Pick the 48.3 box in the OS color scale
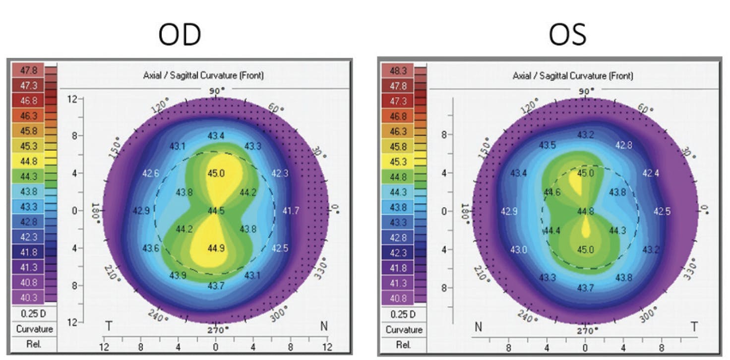(398, 71)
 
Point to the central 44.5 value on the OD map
(216, 211)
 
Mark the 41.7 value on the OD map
(291, 211)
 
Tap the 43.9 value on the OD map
(178, 275)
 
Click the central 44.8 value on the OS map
(586, 211)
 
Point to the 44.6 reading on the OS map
(552, 192)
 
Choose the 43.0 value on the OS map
(519, 249)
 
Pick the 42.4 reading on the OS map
(651, 174)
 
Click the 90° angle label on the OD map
(216, 90)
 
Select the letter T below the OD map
(109, 325)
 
